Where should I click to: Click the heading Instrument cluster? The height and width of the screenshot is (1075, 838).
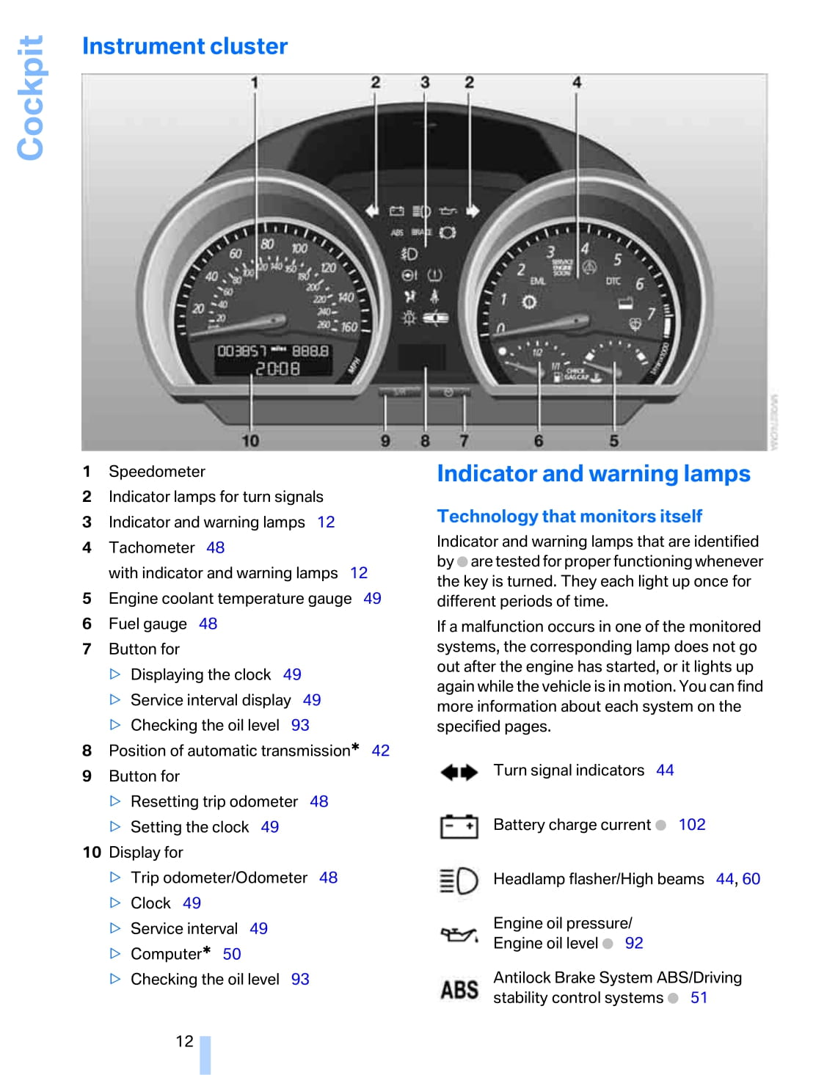tap(185, 46)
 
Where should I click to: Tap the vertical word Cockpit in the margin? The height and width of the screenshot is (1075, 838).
tap(31, 98)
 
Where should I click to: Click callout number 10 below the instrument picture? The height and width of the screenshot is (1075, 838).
tap(250, 440)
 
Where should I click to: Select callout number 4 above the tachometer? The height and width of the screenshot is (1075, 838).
tap(577, 82)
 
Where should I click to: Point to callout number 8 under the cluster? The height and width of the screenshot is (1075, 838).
tap(425, 440)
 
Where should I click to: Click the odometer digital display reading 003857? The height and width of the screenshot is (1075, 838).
tap(242, 351)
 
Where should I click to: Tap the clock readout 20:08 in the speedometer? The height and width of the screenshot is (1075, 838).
tap(277, 368)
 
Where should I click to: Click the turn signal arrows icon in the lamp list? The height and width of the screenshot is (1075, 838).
tap(459, 772)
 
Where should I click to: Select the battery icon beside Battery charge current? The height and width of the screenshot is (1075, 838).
tap(459, 826)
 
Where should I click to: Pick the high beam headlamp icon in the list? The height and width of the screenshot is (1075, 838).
tap(459, 881)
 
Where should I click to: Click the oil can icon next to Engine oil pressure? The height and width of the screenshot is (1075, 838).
tap(459, 934)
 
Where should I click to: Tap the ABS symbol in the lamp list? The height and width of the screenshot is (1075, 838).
tap(459, 989)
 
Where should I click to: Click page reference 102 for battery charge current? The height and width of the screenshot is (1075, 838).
tap(692, 825)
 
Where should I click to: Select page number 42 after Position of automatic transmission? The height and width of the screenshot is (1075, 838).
tap(380, 751)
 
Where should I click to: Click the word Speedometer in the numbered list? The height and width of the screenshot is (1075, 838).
tap(157, 471)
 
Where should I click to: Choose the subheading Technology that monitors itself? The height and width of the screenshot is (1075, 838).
tap(569, 517)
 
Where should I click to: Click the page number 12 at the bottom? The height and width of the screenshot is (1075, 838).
tap(184, 1041)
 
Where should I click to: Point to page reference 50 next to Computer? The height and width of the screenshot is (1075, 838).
tap(232, 954)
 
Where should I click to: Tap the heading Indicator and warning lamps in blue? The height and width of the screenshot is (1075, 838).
tap(594, 474)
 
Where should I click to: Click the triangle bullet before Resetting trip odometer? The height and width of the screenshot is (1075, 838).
tap(115, 801)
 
